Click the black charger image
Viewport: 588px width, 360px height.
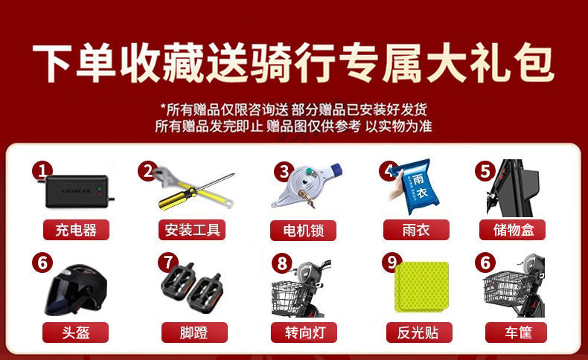click(77, 191)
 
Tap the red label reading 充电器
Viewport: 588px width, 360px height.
click(76, 230)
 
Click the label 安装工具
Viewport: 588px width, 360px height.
click(192, 230)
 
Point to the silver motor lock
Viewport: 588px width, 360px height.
click(307, 185)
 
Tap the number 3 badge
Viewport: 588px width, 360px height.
click(284, 172)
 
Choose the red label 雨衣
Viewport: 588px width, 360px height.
click(416, 230)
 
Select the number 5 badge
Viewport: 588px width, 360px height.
click(485, 171)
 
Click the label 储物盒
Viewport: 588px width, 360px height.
click(512, 230)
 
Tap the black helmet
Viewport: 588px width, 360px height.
click(76, 290)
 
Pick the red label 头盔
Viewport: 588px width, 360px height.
click(75, 332)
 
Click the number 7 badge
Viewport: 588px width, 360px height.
click(167, 263)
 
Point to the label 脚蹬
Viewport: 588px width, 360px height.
click(194, 332)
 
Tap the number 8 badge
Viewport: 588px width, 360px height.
click(281, 263)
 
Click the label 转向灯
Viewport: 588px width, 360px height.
click(304, 332)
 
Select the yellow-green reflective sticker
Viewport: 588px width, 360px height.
click(422, 287)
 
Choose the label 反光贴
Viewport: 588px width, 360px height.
click(419, 332)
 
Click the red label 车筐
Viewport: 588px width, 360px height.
click(518, 332)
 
